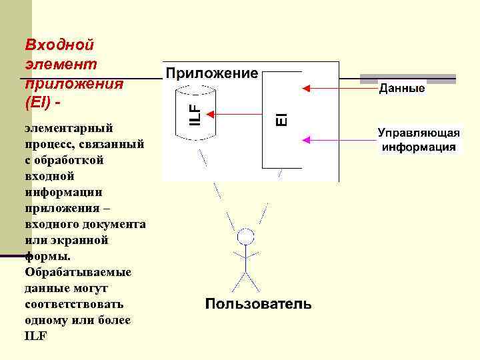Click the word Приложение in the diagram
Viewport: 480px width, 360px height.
(211, 73)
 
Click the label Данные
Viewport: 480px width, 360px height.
(402, 88)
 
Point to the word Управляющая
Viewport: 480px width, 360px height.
(419, 132)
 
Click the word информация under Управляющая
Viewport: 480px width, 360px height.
(419, 147)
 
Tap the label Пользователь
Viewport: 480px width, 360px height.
(258, 304)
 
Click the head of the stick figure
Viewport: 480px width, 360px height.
(247, 237)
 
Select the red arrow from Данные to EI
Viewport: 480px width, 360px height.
(340, 87)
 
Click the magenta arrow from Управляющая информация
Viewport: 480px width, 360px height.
(340, 140)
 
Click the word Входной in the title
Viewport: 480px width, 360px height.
(59, 45)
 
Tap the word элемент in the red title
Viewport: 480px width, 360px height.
(61, 64)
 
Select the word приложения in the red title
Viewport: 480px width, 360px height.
(74, 84)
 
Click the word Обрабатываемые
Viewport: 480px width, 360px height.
(77, 272)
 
